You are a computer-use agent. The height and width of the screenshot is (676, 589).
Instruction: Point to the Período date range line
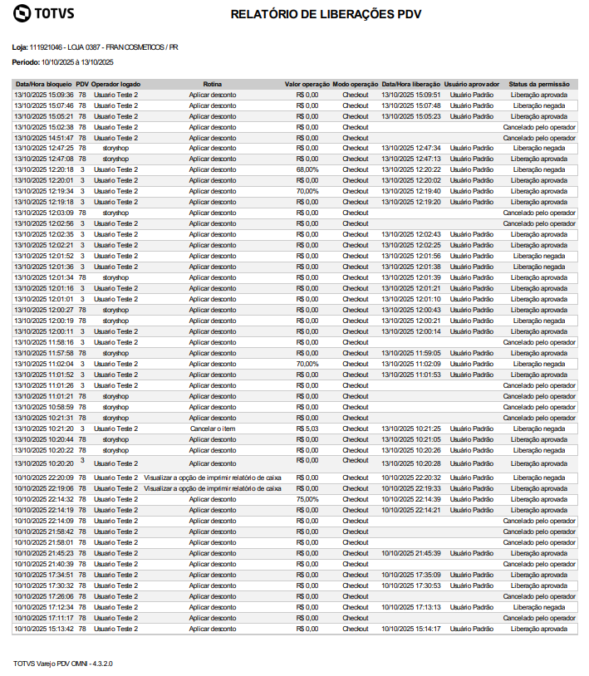point(63,62)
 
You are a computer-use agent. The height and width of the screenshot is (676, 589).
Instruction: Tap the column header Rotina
point(212,84)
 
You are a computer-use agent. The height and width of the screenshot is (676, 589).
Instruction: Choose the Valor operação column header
point(307,84)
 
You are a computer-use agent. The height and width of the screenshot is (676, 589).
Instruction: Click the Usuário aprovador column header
point(471,84)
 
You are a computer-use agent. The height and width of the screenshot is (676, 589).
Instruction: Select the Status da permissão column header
point(539,84)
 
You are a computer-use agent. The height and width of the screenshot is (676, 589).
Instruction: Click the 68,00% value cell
point(307,169)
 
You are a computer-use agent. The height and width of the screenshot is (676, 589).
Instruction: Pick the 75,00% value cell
point(307,499)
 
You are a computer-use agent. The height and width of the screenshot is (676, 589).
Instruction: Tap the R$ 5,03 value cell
point(307,429)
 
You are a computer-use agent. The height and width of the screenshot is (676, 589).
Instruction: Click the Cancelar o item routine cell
point(212,429)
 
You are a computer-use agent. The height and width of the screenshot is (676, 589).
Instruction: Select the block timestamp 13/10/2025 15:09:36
point(44,95)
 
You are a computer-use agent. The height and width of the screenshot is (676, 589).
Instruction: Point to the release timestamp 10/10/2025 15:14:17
point(411,629)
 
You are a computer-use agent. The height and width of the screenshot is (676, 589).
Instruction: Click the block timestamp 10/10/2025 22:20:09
point(44,478)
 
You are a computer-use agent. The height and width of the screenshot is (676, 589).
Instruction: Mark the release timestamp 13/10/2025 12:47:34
point(411,148)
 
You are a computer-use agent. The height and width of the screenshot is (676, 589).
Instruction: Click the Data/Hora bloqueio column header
point(43,84)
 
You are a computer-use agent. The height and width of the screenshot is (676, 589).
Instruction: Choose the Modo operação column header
point(356,84)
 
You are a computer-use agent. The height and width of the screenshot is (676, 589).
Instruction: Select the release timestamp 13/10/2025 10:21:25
point(411,429)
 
